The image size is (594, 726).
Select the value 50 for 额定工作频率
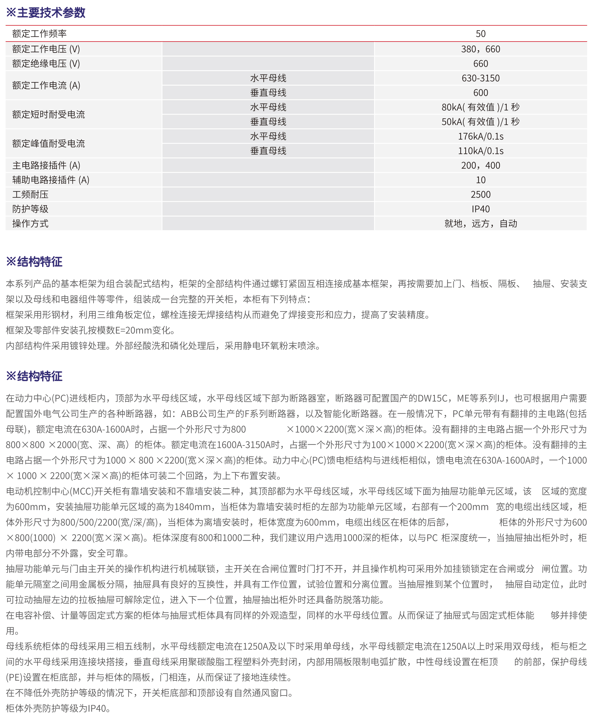pyautogui.click(x=481, y=34)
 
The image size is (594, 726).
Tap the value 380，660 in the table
pyautogui.click(x=481, y=49)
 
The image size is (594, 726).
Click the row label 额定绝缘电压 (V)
pyautogui.click(x=46, y=64)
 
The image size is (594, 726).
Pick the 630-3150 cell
pyautogui.click(x=481, y=78)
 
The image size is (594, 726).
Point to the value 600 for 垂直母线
pyautogui.click(x=481, y=93)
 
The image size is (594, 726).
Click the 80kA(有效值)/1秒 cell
pyautogui.click(x=481, y=107)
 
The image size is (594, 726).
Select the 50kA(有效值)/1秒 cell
pyautogui.click(x=481, y=122)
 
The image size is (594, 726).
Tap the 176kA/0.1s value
pyautogui.click(x=481, y=136)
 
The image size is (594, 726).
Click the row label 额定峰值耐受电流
pyautogui.click(x=48, y=143)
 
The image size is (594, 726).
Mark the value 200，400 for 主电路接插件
pyautogui.click(x=481, y=165)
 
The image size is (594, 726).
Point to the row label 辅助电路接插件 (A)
pyautogui.click(x=51, y=180)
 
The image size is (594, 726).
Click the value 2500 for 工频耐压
pyautogui.click(x=481, y=194)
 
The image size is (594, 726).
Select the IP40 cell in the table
pyautogui.click(x=481, y=209)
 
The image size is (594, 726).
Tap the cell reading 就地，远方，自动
pyautogui.click(x=481, y=224)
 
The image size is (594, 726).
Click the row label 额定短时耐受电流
pyautogui.click(x=48, y=114)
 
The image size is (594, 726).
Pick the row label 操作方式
pyautogui.click(x=30, y=224)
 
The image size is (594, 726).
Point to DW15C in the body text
pyautogui.click(x=432, y=398)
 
